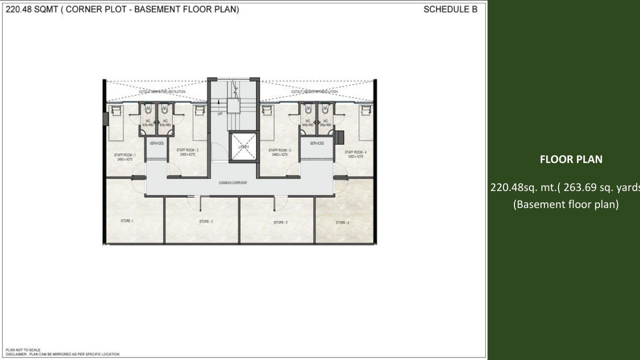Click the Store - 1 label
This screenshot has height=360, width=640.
(126, 220)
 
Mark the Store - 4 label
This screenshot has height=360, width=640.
(342, 222)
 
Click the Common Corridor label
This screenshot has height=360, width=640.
(232, 183)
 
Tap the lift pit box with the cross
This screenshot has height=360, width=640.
(243, 147)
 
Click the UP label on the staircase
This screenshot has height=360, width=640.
(219, 114)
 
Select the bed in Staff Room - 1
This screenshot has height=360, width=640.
(116, 122)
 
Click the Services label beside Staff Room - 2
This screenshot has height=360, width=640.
(157, 143)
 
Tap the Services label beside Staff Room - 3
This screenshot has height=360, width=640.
(316, 143)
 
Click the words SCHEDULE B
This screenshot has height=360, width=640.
(450, 9)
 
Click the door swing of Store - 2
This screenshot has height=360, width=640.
(194, 202)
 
